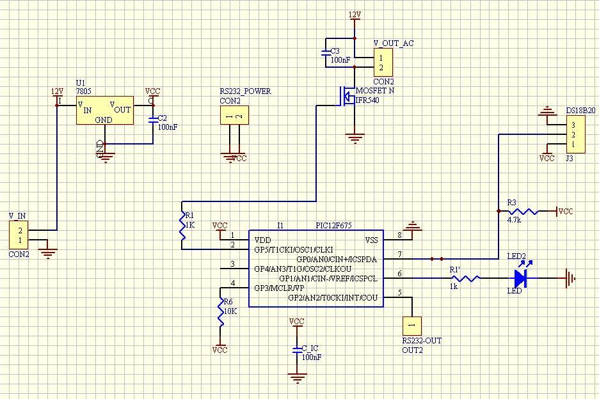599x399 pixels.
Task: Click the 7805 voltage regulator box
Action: coord(105,110)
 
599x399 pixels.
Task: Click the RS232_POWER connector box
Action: coord(234,116)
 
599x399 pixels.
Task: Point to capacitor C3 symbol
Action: coord(326,51)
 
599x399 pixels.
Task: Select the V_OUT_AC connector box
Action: coord(383,62)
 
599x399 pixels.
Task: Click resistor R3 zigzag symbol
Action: coord(523,211)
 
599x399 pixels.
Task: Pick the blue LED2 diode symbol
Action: coord(520,278)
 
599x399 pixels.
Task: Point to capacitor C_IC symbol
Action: coord(296,350)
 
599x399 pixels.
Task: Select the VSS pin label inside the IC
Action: coord(371,240)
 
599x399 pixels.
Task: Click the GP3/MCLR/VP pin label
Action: coord(279,288)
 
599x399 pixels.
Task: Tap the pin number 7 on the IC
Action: coord(400,255)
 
